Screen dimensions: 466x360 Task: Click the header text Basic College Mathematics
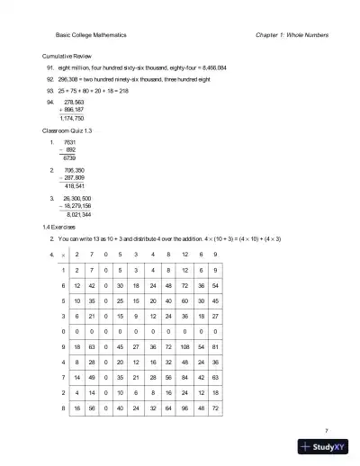click(90, 35)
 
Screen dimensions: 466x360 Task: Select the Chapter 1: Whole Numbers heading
click(292, 35)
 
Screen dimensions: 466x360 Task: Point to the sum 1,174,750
click(71, 119)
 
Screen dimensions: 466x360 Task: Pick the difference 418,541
click(73, 187)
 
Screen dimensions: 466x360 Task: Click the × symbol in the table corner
click(63, 255)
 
